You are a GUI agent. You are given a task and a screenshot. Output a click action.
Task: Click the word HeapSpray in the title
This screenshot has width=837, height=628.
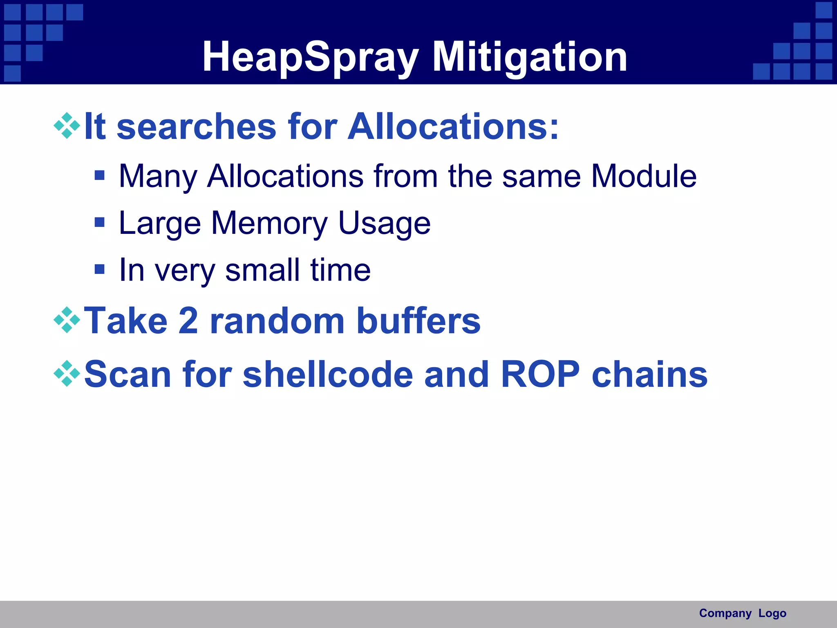pyautogui.click(x=311, y=57)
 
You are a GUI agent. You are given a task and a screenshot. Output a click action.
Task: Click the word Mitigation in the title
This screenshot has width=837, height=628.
pyautogui.click(x=529, y=57)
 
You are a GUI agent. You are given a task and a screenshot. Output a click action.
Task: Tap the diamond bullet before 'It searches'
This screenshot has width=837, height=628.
pyautogui.click(x=67, y=126)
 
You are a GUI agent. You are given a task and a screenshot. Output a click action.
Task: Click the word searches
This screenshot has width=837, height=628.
pyautogui.click(x=196, y=127)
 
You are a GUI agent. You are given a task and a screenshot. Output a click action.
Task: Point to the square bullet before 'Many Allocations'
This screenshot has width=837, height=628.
pyautogui.click(x=99, y=175)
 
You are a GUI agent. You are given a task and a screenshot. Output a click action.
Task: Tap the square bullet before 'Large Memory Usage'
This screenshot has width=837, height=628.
pyautogui.click(x=99, y=222)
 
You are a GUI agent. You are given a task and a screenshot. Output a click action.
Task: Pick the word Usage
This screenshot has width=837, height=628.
pyautogui.click(x=384, y=224)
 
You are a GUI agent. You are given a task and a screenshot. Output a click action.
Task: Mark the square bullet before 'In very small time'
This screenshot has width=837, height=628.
pyautogui.click(x=99, y=269)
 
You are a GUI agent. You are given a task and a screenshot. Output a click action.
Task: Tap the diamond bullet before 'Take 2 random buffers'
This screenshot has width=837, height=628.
pyautogui.click(x=67, y=320)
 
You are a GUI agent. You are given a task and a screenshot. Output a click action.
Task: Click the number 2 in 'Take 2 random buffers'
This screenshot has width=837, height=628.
pyautogui.click(x=188, y=321)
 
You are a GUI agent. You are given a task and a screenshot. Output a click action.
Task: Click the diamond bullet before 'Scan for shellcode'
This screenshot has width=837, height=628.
pyautogui.click(x=67, y=373)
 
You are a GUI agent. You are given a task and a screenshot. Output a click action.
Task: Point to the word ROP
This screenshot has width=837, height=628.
pyautogui.click(x=540, y=375)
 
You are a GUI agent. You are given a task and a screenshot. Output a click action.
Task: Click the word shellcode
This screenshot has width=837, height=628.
pyautogui.click(x=328, y=375)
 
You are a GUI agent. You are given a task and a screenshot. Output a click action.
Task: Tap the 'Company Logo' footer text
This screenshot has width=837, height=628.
pyautogui.click(x=743, y=613)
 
